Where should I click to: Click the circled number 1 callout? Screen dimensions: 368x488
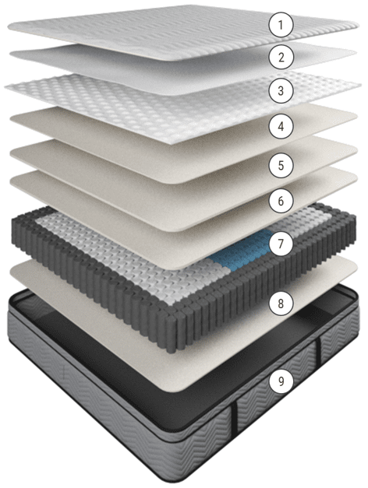click(281, 25)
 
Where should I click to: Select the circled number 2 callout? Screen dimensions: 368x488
click(281, 57)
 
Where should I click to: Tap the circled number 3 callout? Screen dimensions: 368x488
click(281, 91)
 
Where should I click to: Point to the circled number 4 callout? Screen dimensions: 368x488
click(281, 126)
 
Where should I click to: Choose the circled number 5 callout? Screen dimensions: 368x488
click(281, 165)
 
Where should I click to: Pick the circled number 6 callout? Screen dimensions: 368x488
click(281, 201)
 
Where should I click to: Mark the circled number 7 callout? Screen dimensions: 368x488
click(281, 244)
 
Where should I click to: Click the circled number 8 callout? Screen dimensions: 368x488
click(281, 303)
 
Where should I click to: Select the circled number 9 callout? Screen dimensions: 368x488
click(281, 381)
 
